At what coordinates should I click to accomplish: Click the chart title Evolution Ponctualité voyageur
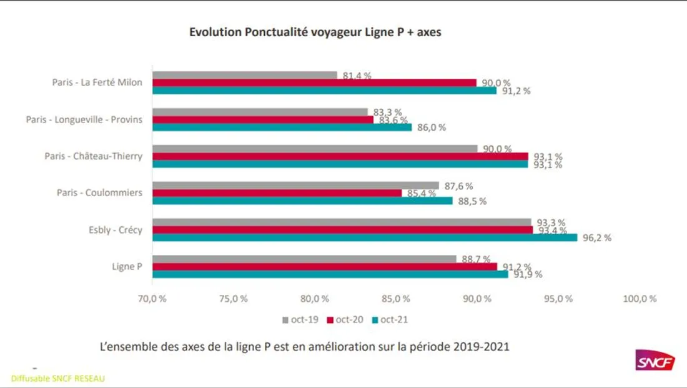(x=315, y=32)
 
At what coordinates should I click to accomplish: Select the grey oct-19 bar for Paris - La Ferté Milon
(x=245, y=75)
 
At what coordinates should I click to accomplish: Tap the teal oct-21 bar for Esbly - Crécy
(x=365, y=237)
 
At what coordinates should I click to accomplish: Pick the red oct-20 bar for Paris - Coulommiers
(x=277, y=193)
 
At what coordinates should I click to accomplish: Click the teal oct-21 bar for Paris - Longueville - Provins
(x=282, y=127)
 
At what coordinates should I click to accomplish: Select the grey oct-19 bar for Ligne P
(x=305, y=259)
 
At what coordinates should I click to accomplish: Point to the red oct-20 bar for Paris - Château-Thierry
(x=340, y=156)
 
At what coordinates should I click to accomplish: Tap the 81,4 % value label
(x=357, y=76)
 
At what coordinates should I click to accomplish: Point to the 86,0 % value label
(x=431, y=127)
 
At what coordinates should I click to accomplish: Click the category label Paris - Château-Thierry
(x=93, y=156)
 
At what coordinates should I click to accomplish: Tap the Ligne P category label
(x=127, y=267)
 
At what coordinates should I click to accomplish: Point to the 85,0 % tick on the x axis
(x=396, y=299)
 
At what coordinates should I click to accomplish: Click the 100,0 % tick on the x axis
(x=640, y=299)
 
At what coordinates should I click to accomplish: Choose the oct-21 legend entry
(x=390, y=320)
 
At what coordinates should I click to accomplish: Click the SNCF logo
(x=655, y=361)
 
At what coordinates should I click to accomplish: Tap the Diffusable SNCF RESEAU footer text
(x=58, y=379)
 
